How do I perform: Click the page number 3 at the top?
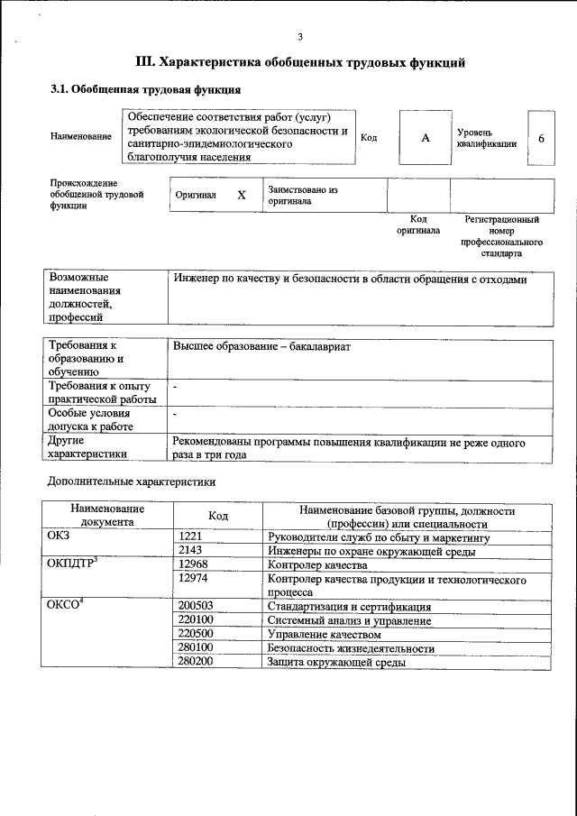300,36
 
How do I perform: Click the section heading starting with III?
300,63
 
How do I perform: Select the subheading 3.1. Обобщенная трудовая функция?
144,90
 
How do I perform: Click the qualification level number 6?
541,138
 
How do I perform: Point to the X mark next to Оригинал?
241,195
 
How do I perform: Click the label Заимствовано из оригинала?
301,196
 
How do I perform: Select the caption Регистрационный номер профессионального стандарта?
501,236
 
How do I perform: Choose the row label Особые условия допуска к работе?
90,419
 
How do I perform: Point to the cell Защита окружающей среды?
336,662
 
